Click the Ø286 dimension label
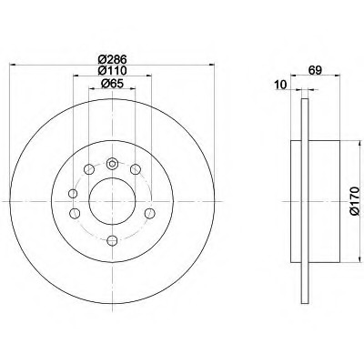click(112, 59)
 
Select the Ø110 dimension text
click(112, 70)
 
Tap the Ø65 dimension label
click(112, 84)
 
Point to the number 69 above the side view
click(315, 70)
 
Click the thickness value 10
click(280, 85)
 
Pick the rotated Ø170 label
click(354, 201)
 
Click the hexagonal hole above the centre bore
click(112, 164)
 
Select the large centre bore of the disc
click(112, 201)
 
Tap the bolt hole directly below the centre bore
click(112, 240)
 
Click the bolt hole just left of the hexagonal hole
click(88, 169)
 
